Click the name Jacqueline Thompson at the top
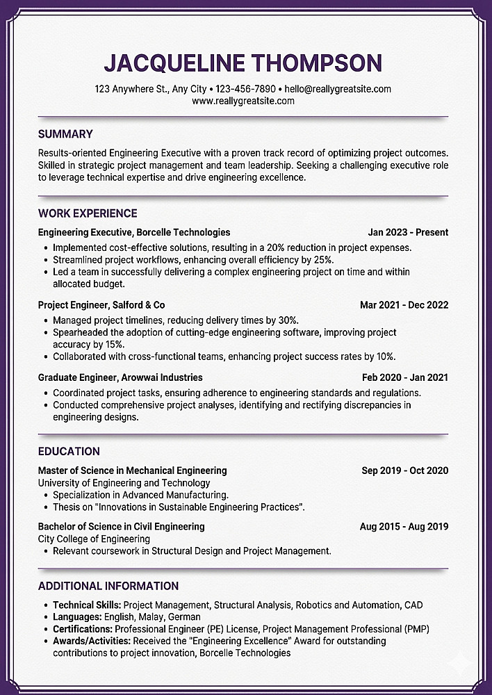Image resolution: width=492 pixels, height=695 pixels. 243,63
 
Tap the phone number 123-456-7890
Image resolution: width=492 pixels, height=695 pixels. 245,89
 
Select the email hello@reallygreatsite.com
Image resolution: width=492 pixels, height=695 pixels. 338,89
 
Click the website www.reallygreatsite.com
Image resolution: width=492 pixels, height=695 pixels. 243,101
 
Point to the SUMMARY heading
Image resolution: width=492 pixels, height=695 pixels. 65,134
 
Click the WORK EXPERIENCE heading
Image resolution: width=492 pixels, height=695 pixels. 88,213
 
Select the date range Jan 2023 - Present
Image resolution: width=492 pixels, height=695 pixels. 408,232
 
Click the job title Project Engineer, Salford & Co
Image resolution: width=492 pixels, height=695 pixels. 101,304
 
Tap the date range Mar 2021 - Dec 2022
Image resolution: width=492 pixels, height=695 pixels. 404,304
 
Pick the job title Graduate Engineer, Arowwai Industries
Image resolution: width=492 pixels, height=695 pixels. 120,377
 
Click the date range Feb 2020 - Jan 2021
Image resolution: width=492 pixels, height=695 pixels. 405,377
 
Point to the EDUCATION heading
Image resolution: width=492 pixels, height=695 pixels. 69,451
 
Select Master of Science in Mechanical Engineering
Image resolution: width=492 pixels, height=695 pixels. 132,471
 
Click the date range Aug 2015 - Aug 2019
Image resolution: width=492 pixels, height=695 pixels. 404,526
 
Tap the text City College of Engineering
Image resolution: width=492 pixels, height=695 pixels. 94,539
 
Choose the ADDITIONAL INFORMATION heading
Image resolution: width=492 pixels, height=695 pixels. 108,586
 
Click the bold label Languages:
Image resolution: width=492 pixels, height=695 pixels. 77,616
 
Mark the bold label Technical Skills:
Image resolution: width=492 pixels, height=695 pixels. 87,605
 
